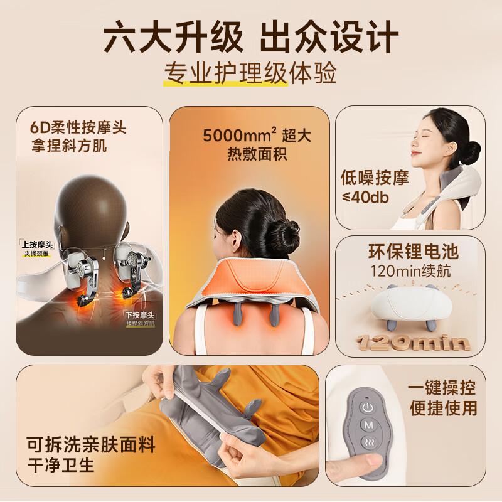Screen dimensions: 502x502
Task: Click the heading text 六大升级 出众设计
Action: click(x=251, y=36)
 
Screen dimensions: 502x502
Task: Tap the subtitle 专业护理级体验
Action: click(x=251, y=73)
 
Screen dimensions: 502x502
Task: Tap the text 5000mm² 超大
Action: click(x=257, y=136)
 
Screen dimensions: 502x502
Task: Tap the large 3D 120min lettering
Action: click(x=412, y=342)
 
